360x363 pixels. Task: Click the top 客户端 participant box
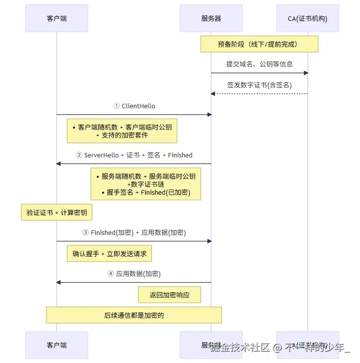click(57, 18)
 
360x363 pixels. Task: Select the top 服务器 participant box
click(211, 18)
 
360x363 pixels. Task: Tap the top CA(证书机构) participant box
click(307, 18)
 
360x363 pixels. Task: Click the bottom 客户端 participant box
click(57, 345)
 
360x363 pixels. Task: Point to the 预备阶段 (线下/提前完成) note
click(259, 44)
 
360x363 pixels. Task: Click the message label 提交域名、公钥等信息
click(259, 64)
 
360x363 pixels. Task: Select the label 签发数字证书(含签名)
click(259, 85)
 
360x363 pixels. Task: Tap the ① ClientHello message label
click(134, 106)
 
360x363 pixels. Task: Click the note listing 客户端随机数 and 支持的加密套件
click(122, 131)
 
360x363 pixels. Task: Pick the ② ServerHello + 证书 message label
click(134, 155)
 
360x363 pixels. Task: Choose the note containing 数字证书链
click(145, 184)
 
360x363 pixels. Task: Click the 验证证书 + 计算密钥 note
click(57, 213)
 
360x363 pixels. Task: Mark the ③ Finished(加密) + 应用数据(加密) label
click(134, 232)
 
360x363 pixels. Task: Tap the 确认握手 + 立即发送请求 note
click(110, 254)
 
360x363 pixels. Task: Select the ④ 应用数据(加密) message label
click(134, 274)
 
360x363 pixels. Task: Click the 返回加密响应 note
click(170, 295)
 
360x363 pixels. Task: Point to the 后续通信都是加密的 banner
click(134, 315)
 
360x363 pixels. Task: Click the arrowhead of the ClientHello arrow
click(209, 115)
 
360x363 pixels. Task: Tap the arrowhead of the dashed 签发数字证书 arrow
click(213, 94)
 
